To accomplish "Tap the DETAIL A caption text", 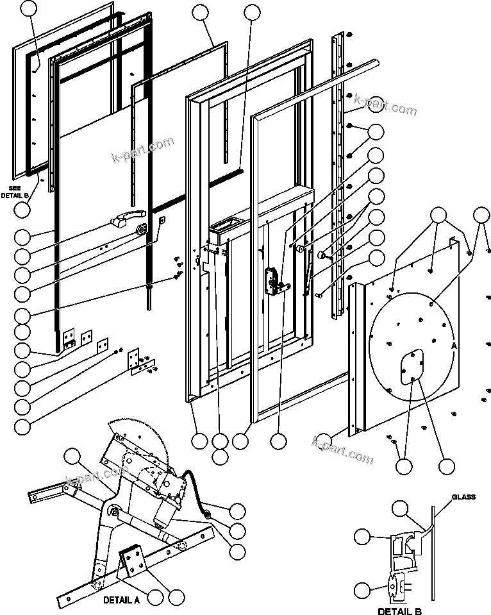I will pyautogui.click(x=122, y=602).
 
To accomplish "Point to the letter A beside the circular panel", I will pyautogui.click(x=454, y=345).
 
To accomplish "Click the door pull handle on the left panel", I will pyautogui.click(x=124, y=221).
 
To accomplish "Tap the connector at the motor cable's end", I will pyautogui.click(x=208, y=512).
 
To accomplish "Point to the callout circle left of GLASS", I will pyautogui.click(x=401, y=509).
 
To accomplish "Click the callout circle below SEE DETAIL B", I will pyautogui.click(x=23, y=209).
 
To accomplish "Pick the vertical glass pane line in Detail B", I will pyautogui.click(x=433, y=552).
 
